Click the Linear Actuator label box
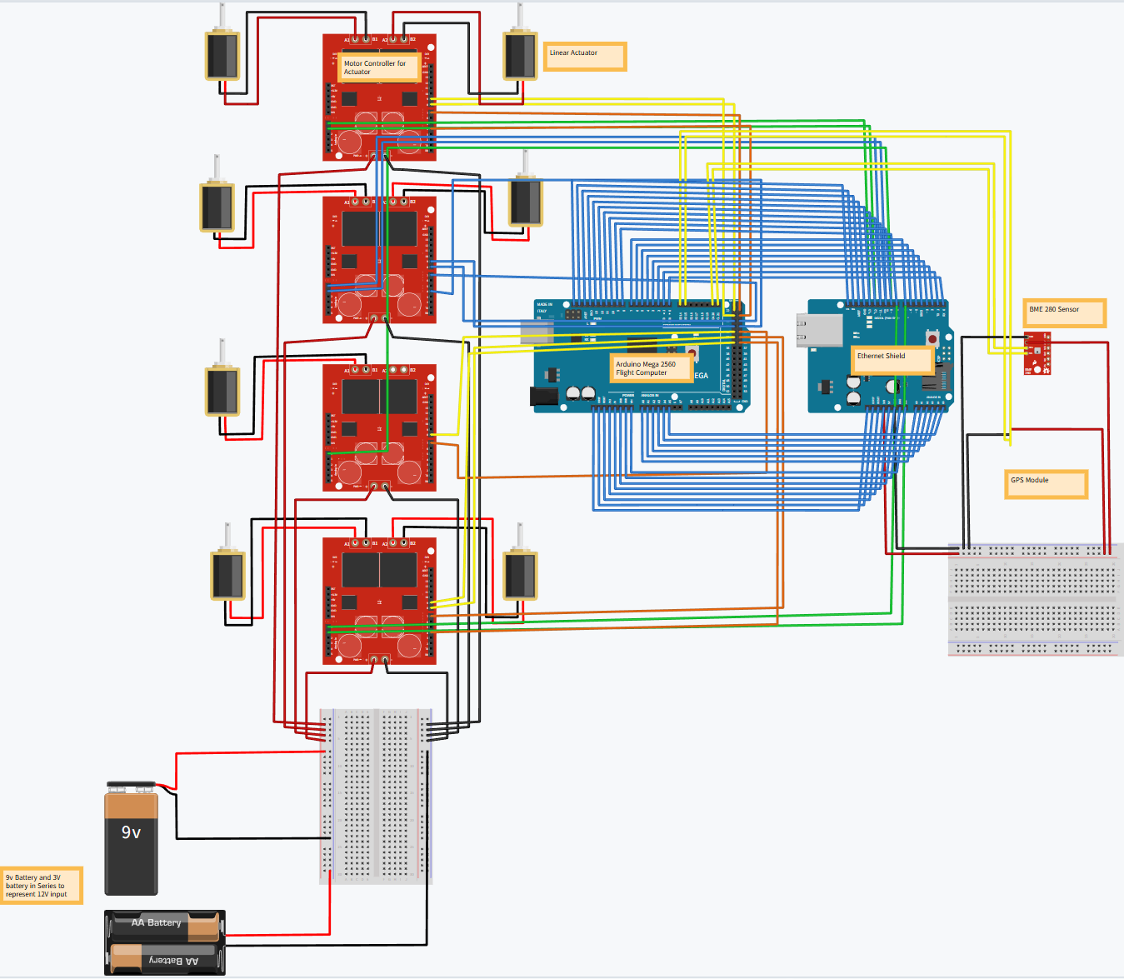click(x=584, y=57)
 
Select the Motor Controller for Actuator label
click(x=378, y=67)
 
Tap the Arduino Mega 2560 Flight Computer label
click(x=651, y=368)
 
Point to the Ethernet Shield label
click(x=891, y=359)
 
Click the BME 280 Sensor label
click(x=1064, y=312)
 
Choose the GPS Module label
click(x=1046, y=484)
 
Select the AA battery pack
click(x=164, y=942)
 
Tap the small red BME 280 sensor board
click(x=1038, y=352)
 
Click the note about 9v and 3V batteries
click(x=41, y=886)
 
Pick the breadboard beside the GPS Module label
click(x=1034, y=600)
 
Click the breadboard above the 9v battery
click(x=377, y=796)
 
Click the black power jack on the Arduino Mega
click(x=544, y=397)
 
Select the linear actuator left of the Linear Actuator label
click(x=520, y=54)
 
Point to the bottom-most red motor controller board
click(x=379, y=601)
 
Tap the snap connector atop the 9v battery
click(x=132, y=786)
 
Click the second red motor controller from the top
click(x=379, y=259)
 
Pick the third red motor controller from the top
click(x=379, y=427)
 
